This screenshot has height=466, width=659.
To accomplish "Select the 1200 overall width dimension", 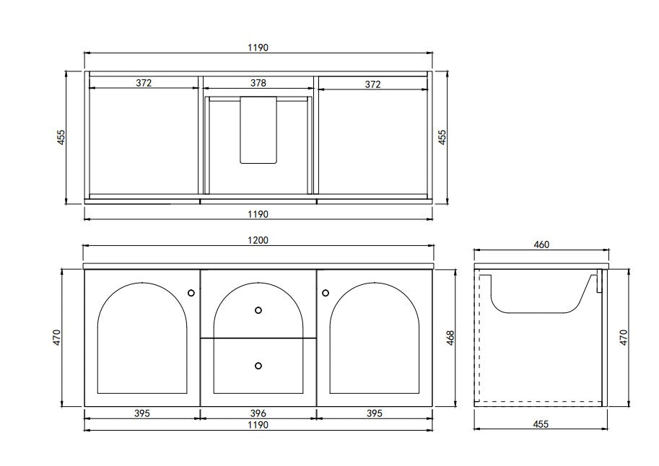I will (x=258, y=240).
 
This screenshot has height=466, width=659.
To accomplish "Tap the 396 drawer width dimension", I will (x=258, y=414).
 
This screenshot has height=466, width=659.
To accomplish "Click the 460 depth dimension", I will (x=541, y=245).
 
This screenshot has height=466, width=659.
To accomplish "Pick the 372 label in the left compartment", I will (x=143, y=84).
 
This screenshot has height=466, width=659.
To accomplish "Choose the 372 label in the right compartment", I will (x=372, y=84).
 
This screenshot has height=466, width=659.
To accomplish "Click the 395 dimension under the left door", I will (x=142, y=414).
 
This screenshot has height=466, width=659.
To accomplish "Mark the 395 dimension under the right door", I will (x=372, y=414).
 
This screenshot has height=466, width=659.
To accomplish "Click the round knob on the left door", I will (x=191, y=292).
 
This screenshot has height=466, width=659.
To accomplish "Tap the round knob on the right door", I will (x=326, y=292).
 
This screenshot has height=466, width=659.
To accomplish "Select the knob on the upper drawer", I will (x=258, y=310).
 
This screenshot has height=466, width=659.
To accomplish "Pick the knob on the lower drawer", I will (x=258, y=365).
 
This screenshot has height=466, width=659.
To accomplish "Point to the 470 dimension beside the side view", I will (x=624, y=336).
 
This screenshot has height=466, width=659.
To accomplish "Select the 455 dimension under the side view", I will (x=541, y=424).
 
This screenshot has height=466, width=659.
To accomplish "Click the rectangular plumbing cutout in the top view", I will (x=258, y=130).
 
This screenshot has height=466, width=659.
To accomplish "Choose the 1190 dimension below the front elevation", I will (x=258, y=426).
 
